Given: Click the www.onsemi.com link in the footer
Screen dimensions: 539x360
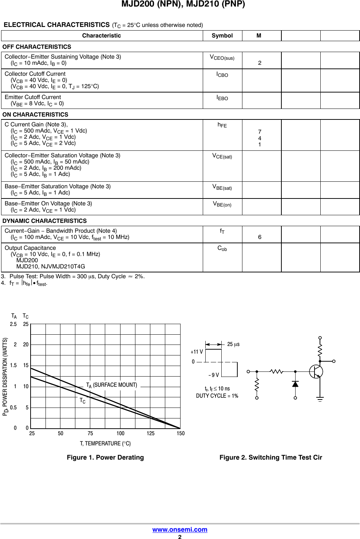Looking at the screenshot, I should coord(180,530).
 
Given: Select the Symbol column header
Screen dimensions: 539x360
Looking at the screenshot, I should coord(222,36).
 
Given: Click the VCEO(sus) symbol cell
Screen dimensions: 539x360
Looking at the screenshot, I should coord(222,58).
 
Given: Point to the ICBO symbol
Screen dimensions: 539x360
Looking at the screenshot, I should coord(222,75).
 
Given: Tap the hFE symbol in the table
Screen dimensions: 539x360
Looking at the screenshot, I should coord(222,125).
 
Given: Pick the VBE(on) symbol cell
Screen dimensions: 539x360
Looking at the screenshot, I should coord(222,204).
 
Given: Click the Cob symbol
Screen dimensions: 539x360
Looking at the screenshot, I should coord(222,248).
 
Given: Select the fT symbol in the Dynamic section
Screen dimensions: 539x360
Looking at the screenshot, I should coord(222,231).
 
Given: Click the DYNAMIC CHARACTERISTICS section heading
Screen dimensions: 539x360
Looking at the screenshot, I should coord(44,221).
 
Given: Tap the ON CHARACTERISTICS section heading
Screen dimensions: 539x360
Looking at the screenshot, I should coord(35,115).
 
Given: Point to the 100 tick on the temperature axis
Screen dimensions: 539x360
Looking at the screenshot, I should coord(120,433).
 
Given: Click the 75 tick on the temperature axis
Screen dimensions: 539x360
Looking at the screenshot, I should coord(90,433).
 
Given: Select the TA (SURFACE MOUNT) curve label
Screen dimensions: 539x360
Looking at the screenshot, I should coord(111,385).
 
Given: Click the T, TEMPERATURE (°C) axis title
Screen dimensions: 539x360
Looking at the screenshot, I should coord(105,444).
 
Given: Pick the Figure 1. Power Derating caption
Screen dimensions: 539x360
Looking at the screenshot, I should coord(105,457).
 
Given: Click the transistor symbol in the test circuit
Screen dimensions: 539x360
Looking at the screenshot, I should coord(316,371).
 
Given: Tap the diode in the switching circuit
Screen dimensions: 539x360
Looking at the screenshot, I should coord(295,384).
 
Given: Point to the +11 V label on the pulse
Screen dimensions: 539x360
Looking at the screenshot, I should coord(197,352).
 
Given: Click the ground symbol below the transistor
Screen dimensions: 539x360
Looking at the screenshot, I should coord(320,400).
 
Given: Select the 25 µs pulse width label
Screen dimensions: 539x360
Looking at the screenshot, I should coord(233,344).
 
